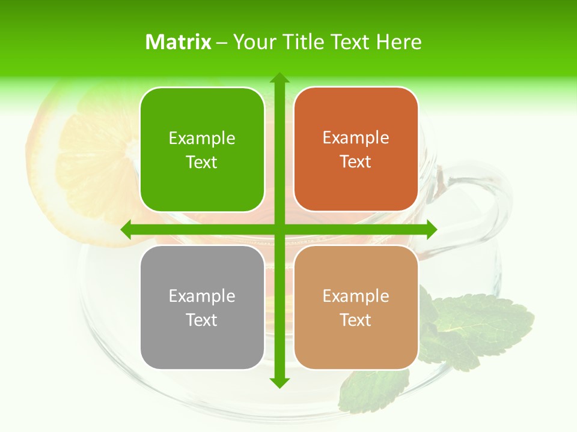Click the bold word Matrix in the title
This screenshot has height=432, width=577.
pyautogui.click(x=179, y=42)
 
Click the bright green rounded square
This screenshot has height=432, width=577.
pyautogui.click(x=202, y=150)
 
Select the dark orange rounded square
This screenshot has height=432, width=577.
pyautogui.click(x=356, y=149)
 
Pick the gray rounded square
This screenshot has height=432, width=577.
pyautogui.click(x=202, y=307)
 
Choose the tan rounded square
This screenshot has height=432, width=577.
pyautogui.click(x=356, y=307)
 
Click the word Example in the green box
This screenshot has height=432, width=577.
pyautogui.click(x=202, y=139)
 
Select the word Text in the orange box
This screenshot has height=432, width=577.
pyautogui.click(x=356, y=162)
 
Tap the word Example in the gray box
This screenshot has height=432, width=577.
pyautogui.click(x=202, y=296)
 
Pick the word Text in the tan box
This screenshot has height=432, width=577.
pyautogui.click(x=356, y=320)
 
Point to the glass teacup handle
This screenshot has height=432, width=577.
pyautogui.click(x=481, y=204)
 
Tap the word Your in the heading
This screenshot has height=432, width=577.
pyautogui.click(x=253, y=42)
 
